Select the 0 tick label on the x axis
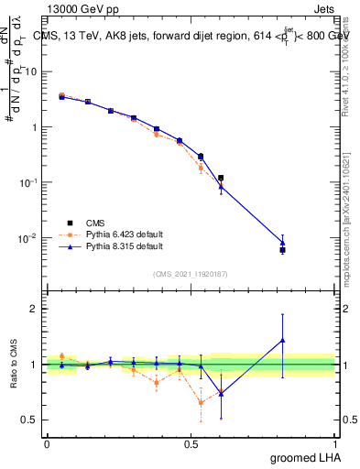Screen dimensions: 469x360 point(47,442)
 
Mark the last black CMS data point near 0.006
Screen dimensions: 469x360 point(283,250)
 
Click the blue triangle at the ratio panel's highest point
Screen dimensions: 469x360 point(283,340)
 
